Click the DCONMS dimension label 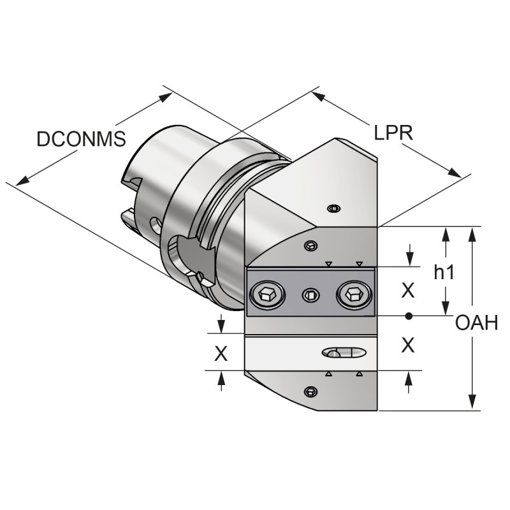point(81,139)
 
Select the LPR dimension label point(394,132)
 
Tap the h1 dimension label point(444,273)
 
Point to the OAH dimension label point(476,323)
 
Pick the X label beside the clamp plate point(408,291)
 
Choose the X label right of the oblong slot point(408,345)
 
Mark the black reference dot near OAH point(409,316)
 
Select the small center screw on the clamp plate point(310,295)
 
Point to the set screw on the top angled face point(332,208)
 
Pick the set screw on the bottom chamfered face point(310,391)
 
